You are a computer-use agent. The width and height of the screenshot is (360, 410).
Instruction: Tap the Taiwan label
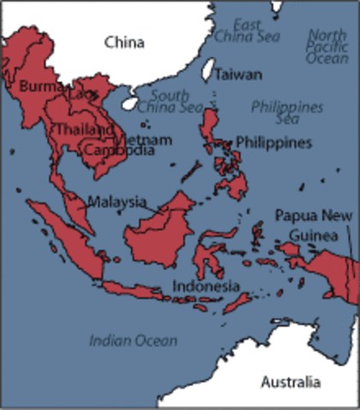[x=238, y=74]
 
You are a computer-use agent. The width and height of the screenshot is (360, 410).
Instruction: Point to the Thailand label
[x=84, y=129]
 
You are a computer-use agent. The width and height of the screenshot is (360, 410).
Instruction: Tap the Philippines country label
[x=274, y=142]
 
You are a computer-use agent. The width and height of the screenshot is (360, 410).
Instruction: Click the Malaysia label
[x=117, y=202]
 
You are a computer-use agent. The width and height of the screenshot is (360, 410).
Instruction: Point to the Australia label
[x=292, y=380]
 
